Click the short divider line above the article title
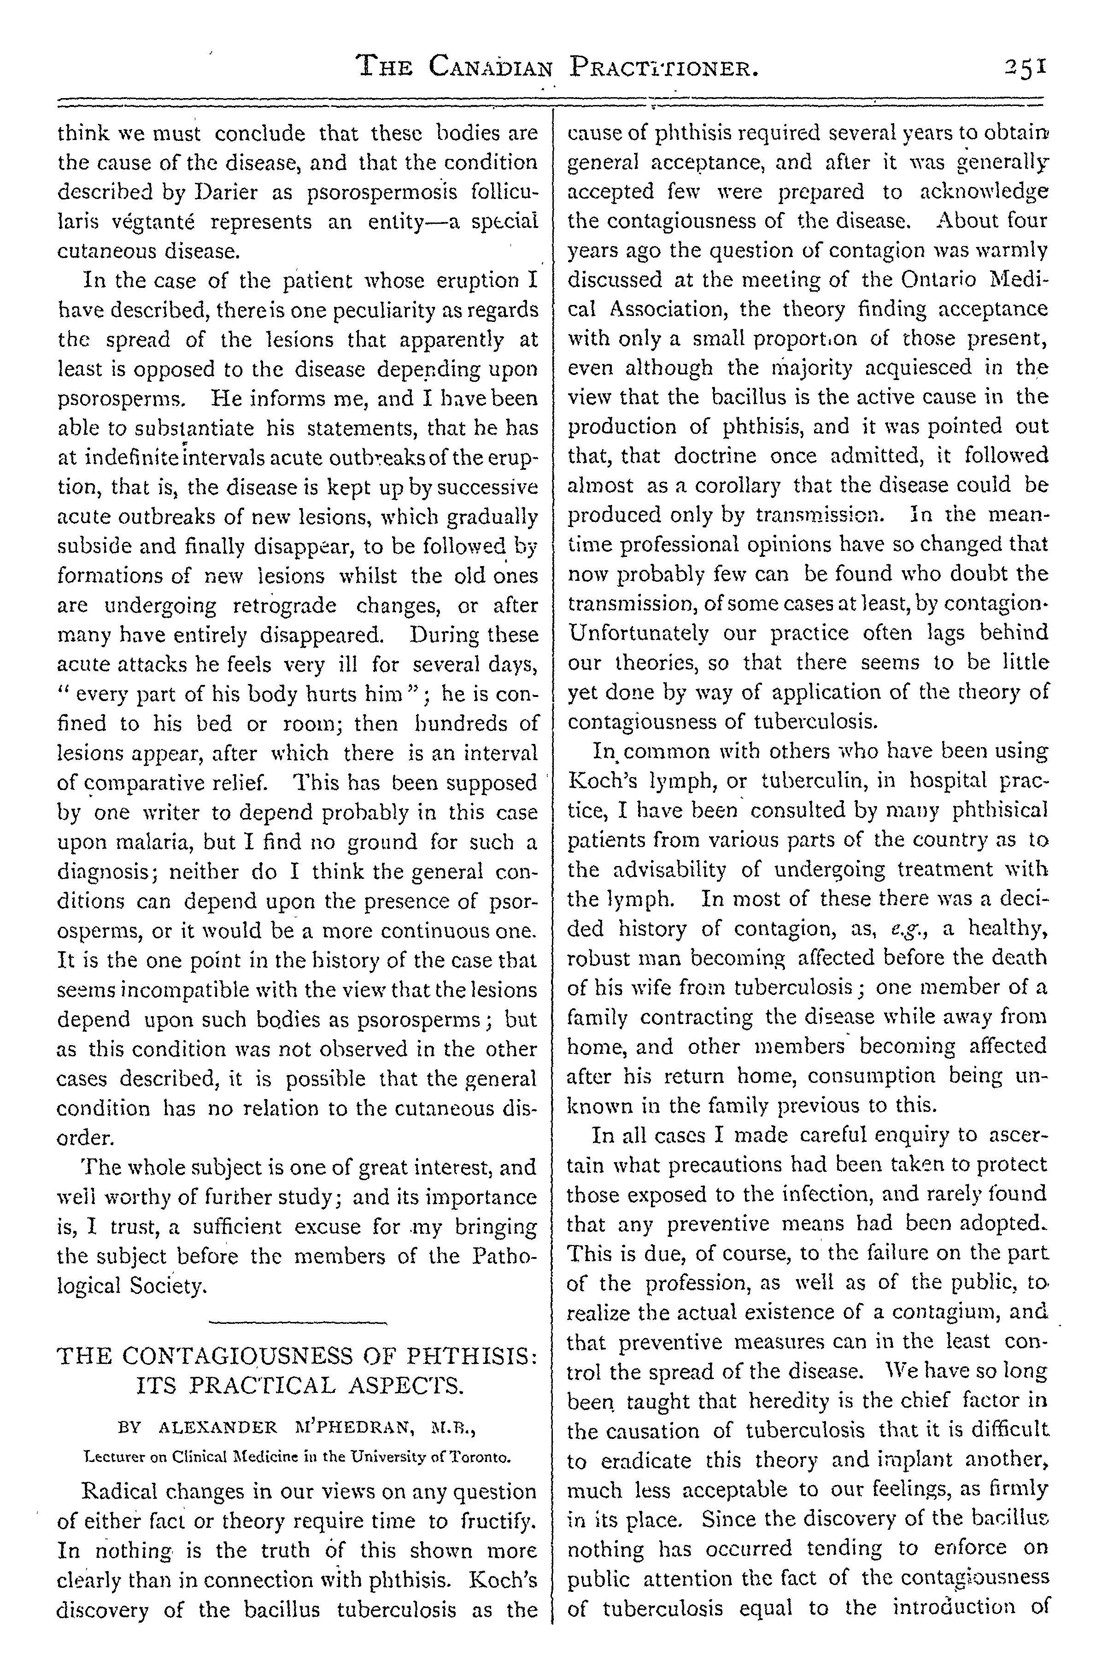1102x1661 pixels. (x=298, y=1324)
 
